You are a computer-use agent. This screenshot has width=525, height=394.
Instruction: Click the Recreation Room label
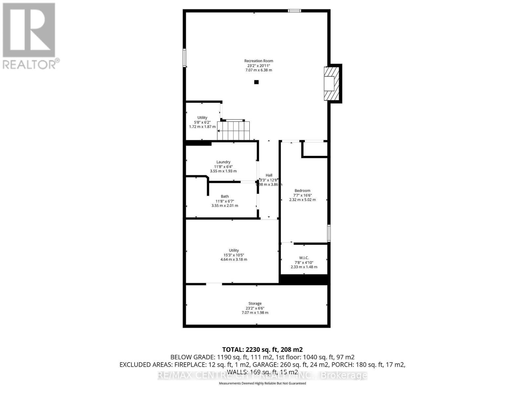[x=259, y=61]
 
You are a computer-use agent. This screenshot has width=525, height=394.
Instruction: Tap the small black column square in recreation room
[x=256, y=82]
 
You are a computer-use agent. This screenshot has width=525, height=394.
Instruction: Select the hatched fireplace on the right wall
[x=331, y=83]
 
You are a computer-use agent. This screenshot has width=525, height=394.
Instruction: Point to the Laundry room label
[x=223, y=162]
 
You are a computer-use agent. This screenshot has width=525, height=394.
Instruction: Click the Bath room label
[x=225, y=196]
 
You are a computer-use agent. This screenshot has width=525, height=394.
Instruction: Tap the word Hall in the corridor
[x=269, y=175]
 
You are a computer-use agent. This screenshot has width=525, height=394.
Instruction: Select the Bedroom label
[x=302, y=190]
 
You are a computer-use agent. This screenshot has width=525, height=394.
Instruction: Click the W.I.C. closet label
[x=304, y=258]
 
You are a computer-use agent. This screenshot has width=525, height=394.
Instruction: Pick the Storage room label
[x=255, y=303]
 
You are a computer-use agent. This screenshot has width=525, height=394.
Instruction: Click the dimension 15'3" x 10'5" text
[x=234, y=255]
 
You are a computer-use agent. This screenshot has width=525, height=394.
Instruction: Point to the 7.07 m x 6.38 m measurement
[x=259, y=70]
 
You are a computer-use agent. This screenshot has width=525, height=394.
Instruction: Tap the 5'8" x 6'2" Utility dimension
[x=202, y=122]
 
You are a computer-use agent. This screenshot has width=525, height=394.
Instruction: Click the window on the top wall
[x=294, y=11]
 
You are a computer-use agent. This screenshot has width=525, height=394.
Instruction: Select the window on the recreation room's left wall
[x=184, y=58]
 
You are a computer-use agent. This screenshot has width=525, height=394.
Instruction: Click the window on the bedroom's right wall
[x=329, y=233]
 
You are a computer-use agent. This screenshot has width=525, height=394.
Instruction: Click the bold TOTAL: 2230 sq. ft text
[x=262, y=349]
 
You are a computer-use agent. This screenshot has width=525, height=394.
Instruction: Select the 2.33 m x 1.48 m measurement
[x=304, y=267]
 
